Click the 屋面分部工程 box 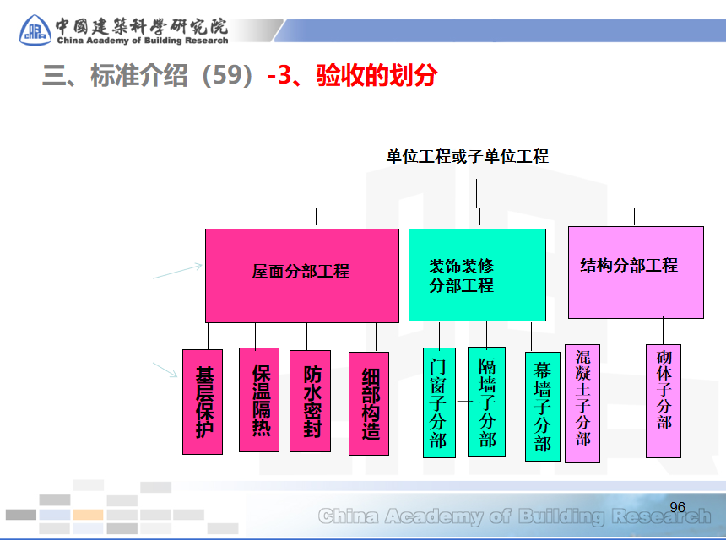pyautogui.click(x=301, y=275)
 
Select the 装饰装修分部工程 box pyautogui.click(x=477, y=275)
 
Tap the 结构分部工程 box pyautogui.click(x=636, y=272)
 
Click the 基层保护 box pyautogui.click(x=203, y=402)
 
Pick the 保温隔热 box pyautogui.click(x=258, y=400)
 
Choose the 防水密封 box pyautogui.click(x=310, y=401)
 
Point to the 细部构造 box pyautogui.click(x=369, y=402)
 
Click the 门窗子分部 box pyautogui.click(x=438, y=402)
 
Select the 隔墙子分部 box pyautogui.click(x=486, y=402)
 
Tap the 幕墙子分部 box pyautogui.click(x=542, y=406)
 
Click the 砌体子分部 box pyautogui.click(x=664, y=400)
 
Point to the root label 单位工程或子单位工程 pyautogui.click(x=467, y=156)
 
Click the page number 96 pyautogui.click(x=677, y=507)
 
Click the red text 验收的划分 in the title pyautogui.click(x=377, y=75)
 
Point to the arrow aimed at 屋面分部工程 pyautogui.click(x=177, y=271)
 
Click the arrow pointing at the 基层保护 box pyautogui.click(x=166, y=370)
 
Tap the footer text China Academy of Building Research pyautogui.click(x=515, y=516)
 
